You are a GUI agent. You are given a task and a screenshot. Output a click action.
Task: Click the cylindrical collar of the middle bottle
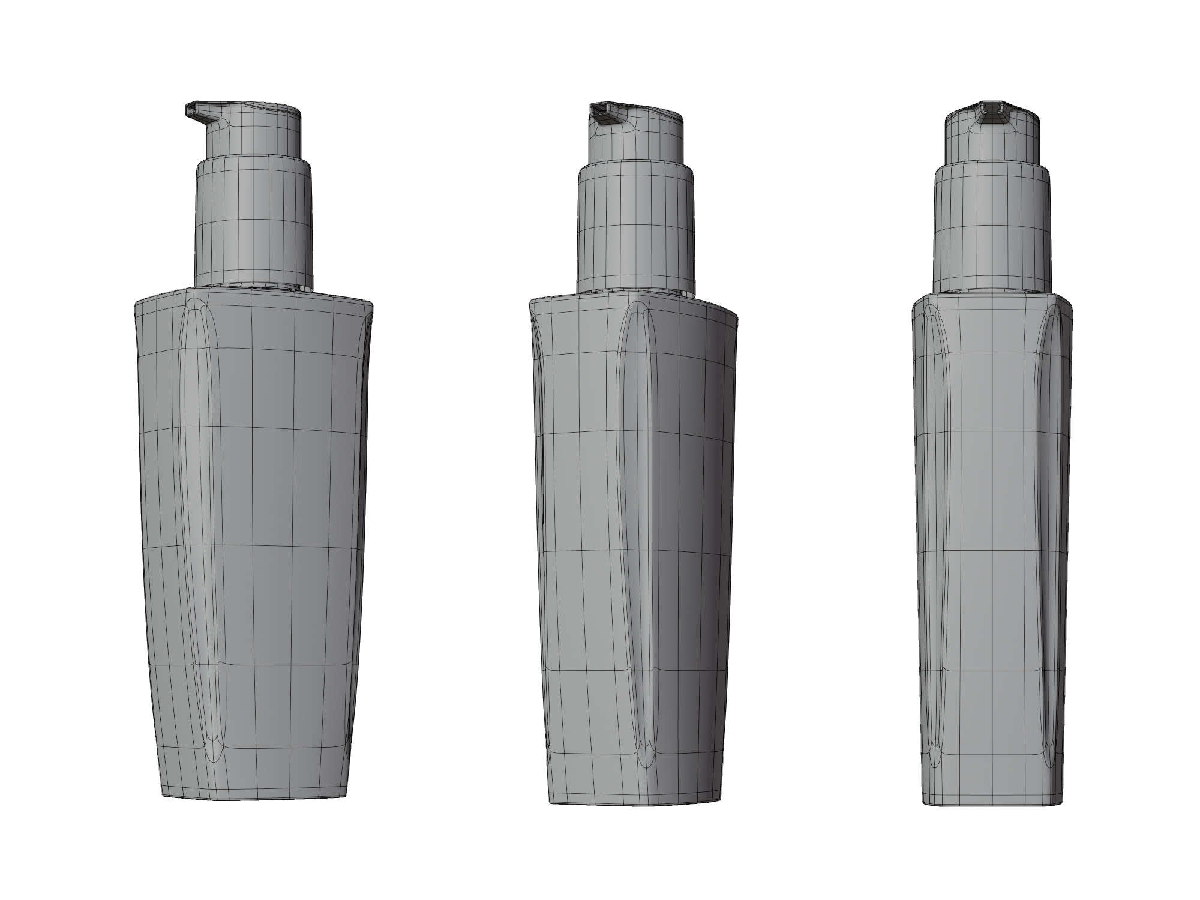[x=635, y=228]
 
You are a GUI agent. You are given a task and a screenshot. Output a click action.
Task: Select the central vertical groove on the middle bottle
[x=635, y=528]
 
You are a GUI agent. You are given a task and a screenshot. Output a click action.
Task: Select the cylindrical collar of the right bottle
[x=992, y=228]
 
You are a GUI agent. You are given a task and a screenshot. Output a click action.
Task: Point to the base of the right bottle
[x=992, y=801]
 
